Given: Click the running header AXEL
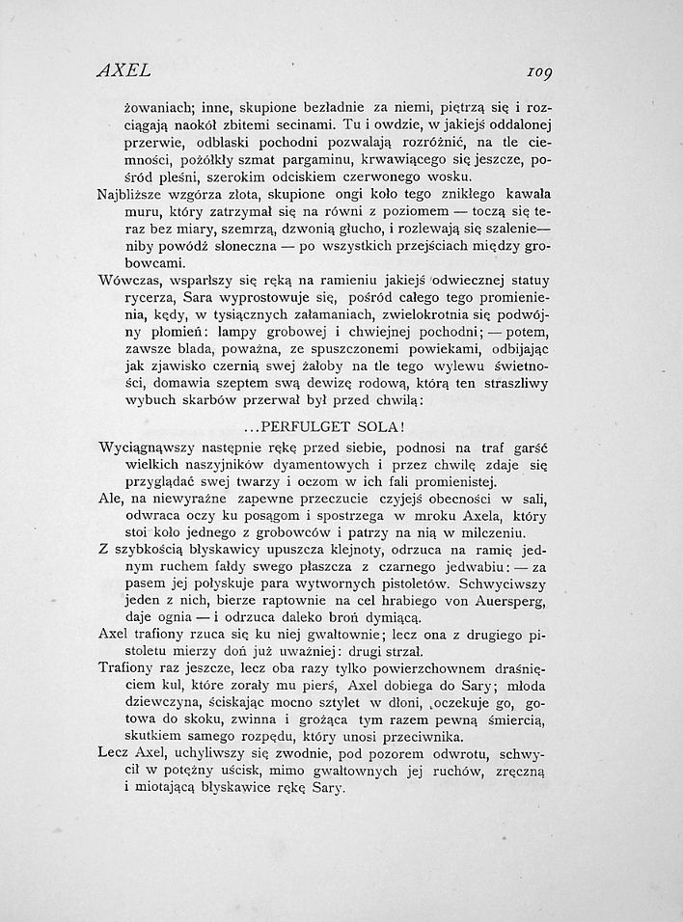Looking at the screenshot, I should (123, 69).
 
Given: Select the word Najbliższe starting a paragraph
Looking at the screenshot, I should (134, 195).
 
